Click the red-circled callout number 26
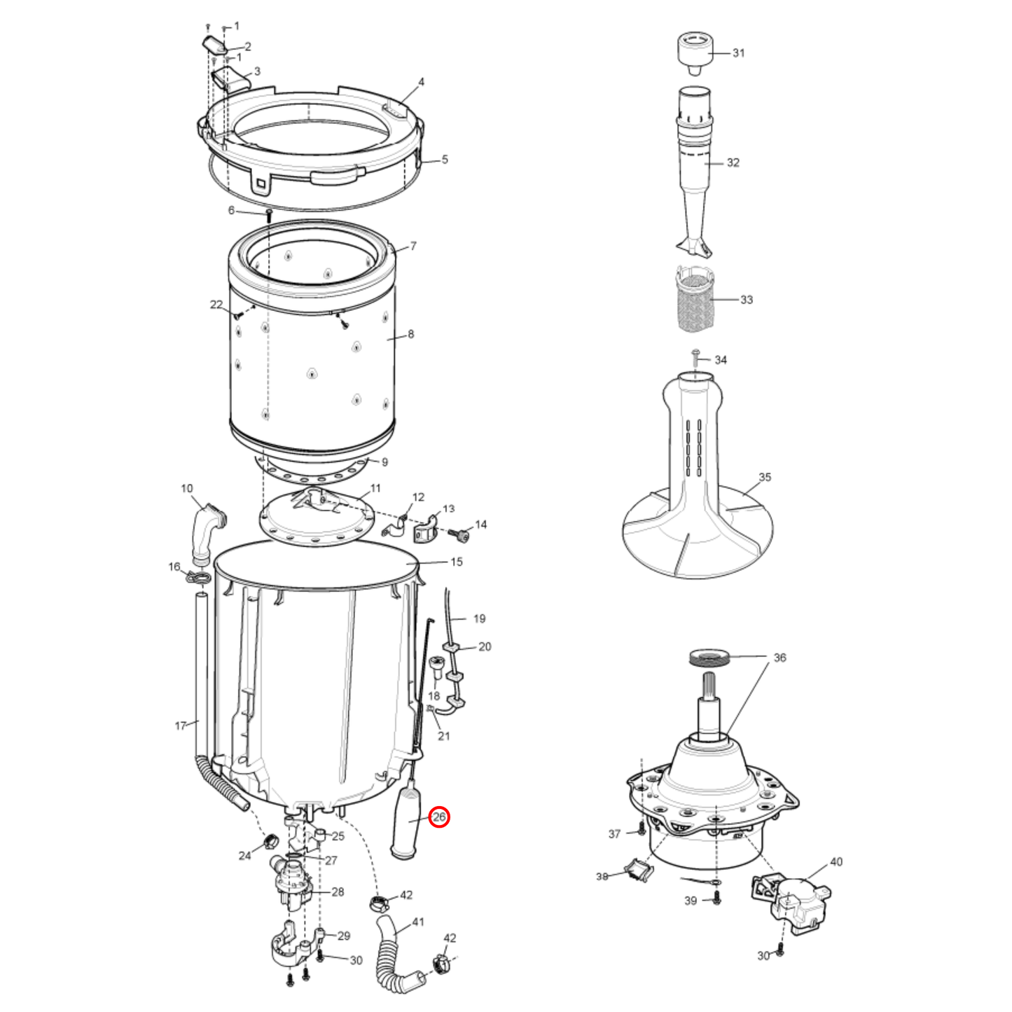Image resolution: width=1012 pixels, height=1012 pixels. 439,817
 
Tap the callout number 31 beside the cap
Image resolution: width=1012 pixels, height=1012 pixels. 738,53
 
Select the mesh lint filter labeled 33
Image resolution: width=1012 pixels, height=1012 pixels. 695,299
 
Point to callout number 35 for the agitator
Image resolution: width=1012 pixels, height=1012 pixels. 765,477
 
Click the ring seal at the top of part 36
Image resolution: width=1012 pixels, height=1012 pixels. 709,657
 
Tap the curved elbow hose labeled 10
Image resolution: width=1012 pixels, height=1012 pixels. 209,532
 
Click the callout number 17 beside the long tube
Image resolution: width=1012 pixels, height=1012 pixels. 180,726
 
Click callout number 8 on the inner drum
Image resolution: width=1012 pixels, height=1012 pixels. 410,334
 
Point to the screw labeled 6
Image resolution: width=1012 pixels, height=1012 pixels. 269,215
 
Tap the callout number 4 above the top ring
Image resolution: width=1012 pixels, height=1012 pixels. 421,82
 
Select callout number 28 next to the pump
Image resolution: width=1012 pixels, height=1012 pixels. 338,892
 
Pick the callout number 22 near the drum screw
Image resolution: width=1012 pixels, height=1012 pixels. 216,305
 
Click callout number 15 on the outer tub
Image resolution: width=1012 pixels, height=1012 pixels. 457,562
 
